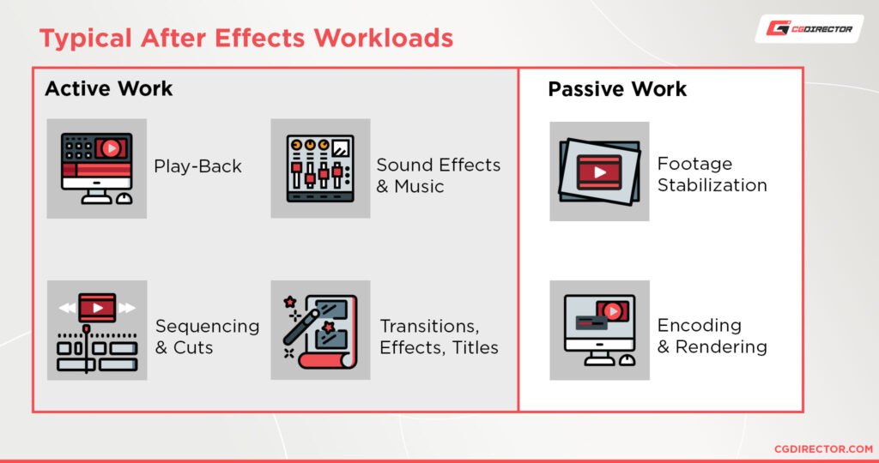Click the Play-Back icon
(x=96, y=168)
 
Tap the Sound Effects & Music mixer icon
(x=320, y=168)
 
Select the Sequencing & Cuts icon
(x=96, y=330)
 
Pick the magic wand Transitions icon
(x=320, y=330)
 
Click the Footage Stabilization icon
(x=599, y=171)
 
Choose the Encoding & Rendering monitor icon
(x=599, y=330)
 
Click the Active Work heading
(x=108, y=88)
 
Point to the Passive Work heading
(x=617, y=89)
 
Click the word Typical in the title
(x=82, y=39)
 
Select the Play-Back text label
(x=198, y=166)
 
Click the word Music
(x=419, y=186)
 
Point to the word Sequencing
(x=207, y=326)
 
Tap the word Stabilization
(x=712, y=184)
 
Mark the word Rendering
(x=721, y=346)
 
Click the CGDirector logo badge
(x=809, y=29)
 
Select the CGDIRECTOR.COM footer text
(x=823, y=448)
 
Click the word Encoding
(x=699, y=326)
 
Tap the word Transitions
(x=429, y=326)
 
